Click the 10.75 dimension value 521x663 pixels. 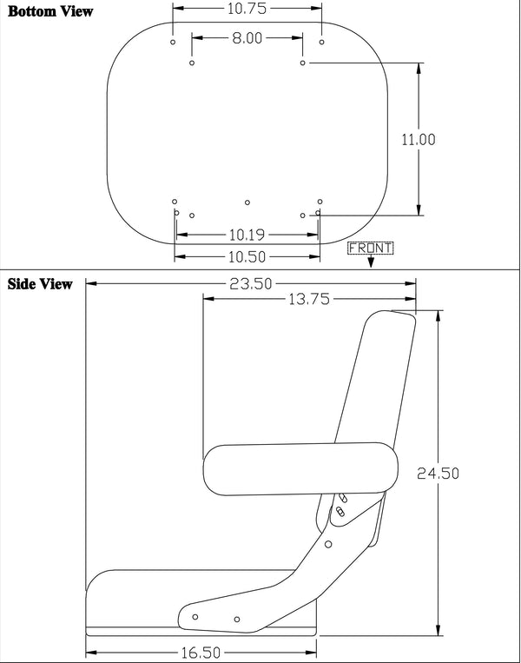point(247,9)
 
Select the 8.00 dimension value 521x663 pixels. point(247,37)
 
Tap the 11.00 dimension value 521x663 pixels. point(419,139)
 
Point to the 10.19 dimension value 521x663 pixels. point(247,235)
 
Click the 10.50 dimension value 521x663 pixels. point(247,256)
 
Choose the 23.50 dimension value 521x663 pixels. point(250,283)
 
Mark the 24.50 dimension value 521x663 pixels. point(438,474)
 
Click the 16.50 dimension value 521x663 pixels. point(202,651)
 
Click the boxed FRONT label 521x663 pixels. point(370,248)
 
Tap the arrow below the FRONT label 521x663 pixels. point(371,262)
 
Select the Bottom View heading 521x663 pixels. point(49,12)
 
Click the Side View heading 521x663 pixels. point(40,284)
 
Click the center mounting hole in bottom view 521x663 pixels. point(247,202)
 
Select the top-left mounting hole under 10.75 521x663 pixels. point(173,42)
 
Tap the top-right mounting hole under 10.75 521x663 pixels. point(322,41)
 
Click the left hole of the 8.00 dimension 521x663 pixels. point(192,63)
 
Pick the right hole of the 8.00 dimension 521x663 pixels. point(302,63)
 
